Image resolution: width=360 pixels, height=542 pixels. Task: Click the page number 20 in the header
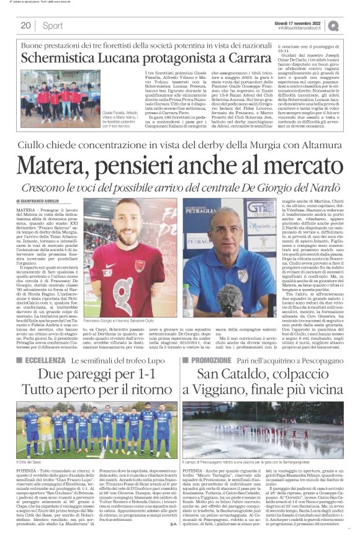tap(25, 25)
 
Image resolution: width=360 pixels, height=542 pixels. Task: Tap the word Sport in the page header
tap(53, 25)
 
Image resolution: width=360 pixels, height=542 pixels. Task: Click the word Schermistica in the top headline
tap(61, 58)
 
